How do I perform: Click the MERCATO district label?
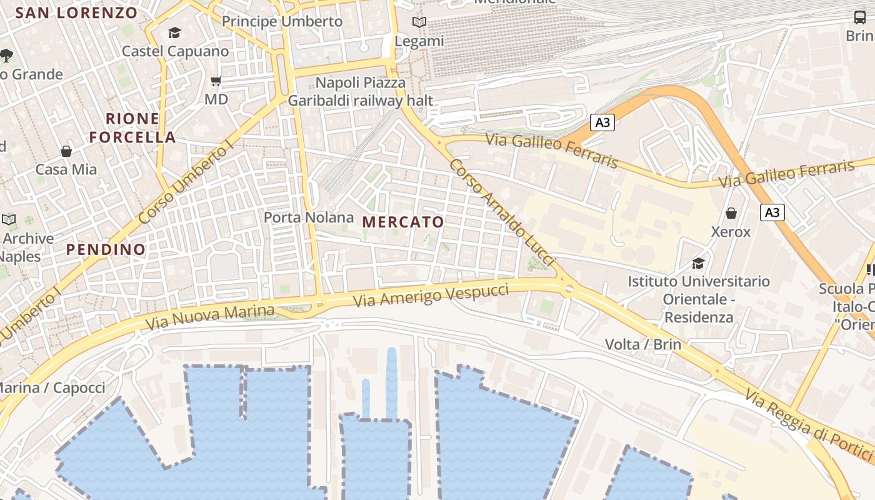(x=403, y=222)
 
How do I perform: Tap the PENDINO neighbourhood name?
(x=106, y=249)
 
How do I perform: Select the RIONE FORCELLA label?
(x=132, y=128)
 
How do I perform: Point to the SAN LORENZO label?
(x=76, y=12)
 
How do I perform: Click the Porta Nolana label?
(x=309, y=217)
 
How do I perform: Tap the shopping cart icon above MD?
(x=216, y=81)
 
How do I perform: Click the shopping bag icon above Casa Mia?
(x=66, y=151)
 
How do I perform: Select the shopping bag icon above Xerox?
(x=731, y=214)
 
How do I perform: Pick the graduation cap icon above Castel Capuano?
(x=174, y=32)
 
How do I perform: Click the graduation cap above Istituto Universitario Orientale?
(x=698, y=263)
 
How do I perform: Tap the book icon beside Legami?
(x=419, y=22)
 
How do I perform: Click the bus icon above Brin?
(x=860, y=17)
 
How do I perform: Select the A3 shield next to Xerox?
(x=772, y=212)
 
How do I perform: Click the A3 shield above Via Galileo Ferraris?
(x=602, y=122)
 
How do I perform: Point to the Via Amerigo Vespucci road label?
(x=431, y=294)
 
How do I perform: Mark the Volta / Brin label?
(x=642, y=344)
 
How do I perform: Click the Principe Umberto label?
(x=282, y=21)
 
